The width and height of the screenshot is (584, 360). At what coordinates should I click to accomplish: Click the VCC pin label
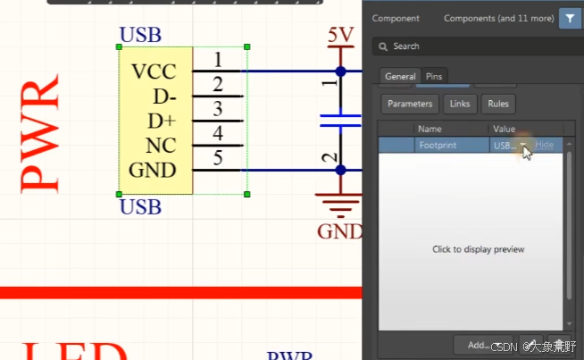(x=154, y=71)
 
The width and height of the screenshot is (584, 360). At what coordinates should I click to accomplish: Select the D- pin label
(x=164, y=96)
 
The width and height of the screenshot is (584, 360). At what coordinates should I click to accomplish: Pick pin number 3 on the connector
(x=218, y=109)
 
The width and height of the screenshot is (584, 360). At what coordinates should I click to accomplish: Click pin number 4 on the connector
(x=218, y=134)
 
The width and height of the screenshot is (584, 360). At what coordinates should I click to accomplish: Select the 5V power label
(x=340, y=36)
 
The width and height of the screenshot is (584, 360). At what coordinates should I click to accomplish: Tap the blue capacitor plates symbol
(x=339, y=120)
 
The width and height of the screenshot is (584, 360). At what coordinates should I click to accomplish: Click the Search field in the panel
(x=473, y=46)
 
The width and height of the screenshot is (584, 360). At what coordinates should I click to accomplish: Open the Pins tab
(x=434, y=77)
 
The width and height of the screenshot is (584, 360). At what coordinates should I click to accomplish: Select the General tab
(x=399, y=77)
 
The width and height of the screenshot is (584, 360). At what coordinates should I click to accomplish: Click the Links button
(x=460, y=104)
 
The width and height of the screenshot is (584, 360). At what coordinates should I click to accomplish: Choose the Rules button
(x=498, y=104)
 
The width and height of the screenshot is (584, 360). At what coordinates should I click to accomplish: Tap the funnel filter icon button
(x=569, y=18)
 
